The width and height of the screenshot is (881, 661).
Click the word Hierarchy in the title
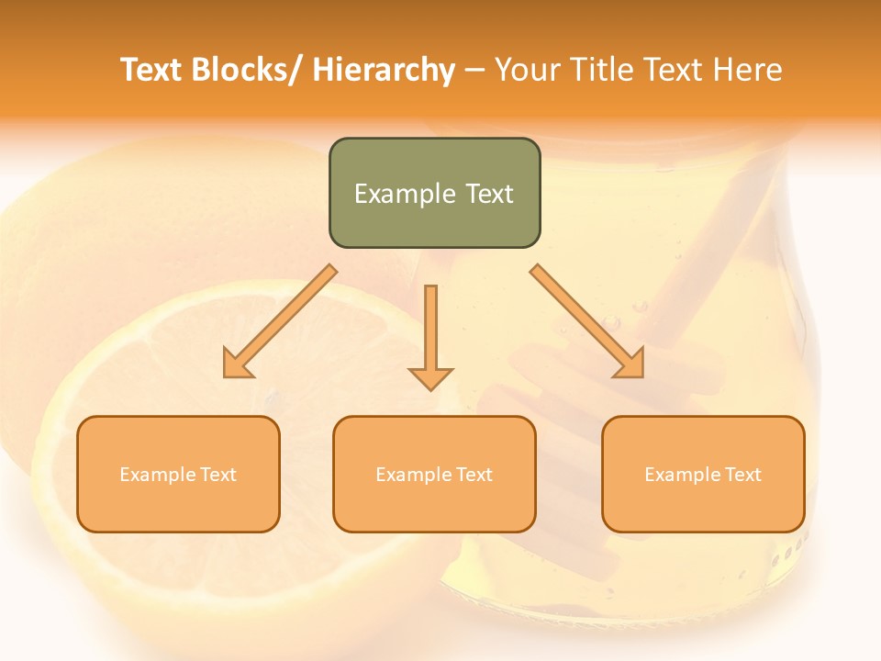pos(384,70)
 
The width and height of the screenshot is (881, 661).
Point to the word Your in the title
pos(530,70)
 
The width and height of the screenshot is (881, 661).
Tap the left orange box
pos(178,474)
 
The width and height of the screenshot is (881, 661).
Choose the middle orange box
pos(434,474)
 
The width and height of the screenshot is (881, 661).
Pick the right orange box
pos(703,474)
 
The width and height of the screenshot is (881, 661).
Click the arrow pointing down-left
pos(280,321)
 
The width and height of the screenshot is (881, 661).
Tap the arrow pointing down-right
pos(587,321)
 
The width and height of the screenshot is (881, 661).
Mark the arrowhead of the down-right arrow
pos(631,365)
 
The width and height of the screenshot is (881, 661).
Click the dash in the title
pos(474,71)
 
